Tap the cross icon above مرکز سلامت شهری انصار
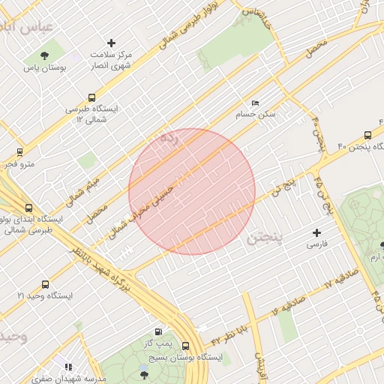point(112,43)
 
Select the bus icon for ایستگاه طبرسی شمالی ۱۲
point(91,97)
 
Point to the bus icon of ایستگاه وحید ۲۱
point(45,284)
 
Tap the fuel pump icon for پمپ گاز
point(158,332)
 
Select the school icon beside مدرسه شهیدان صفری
point(68,367)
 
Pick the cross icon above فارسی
point(316,233)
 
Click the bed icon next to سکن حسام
point(255,103)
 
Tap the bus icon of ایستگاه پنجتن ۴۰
point(367,135)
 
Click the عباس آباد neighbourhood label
point(28,27)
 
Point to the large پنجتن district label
point(264,238)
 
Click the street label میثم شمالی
point(82,190)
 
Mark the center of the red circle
point(192,191)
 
